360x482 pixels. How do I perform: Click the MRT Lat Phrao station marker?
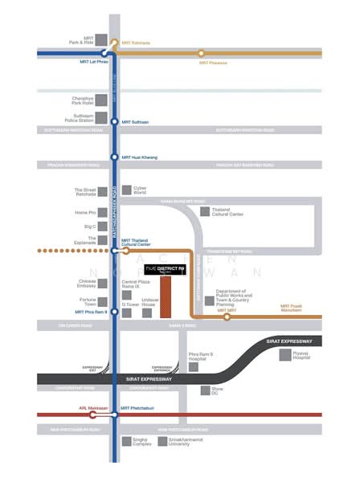click(x=115, y=53)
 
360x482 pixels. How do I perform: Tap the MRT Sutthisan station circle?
click(x=115, y=121)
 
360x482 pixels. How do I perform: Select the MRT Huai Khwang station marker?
click(x=115, y=157)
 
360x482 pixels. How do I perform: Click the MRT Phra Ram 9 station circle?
click(x=115, y=312)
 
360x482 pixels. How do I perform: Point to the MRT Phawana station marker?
click(x=201, y=53)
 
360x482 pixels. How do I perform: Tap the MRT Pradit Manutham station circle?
click(x=227, y=317)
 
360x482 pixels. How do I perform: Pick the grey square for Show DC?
click(x=206, y=391)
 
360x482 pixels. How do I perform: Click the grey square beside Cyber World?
click(x=127, y=191)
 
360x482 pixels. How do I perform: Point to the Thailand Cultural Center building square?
click(x=205, y=211)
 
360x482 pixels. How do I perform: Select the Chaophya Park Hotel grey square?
click(x=103, y=102)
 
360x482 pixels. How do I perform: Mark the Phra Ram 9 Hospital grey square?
click(x=194, y=367)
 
